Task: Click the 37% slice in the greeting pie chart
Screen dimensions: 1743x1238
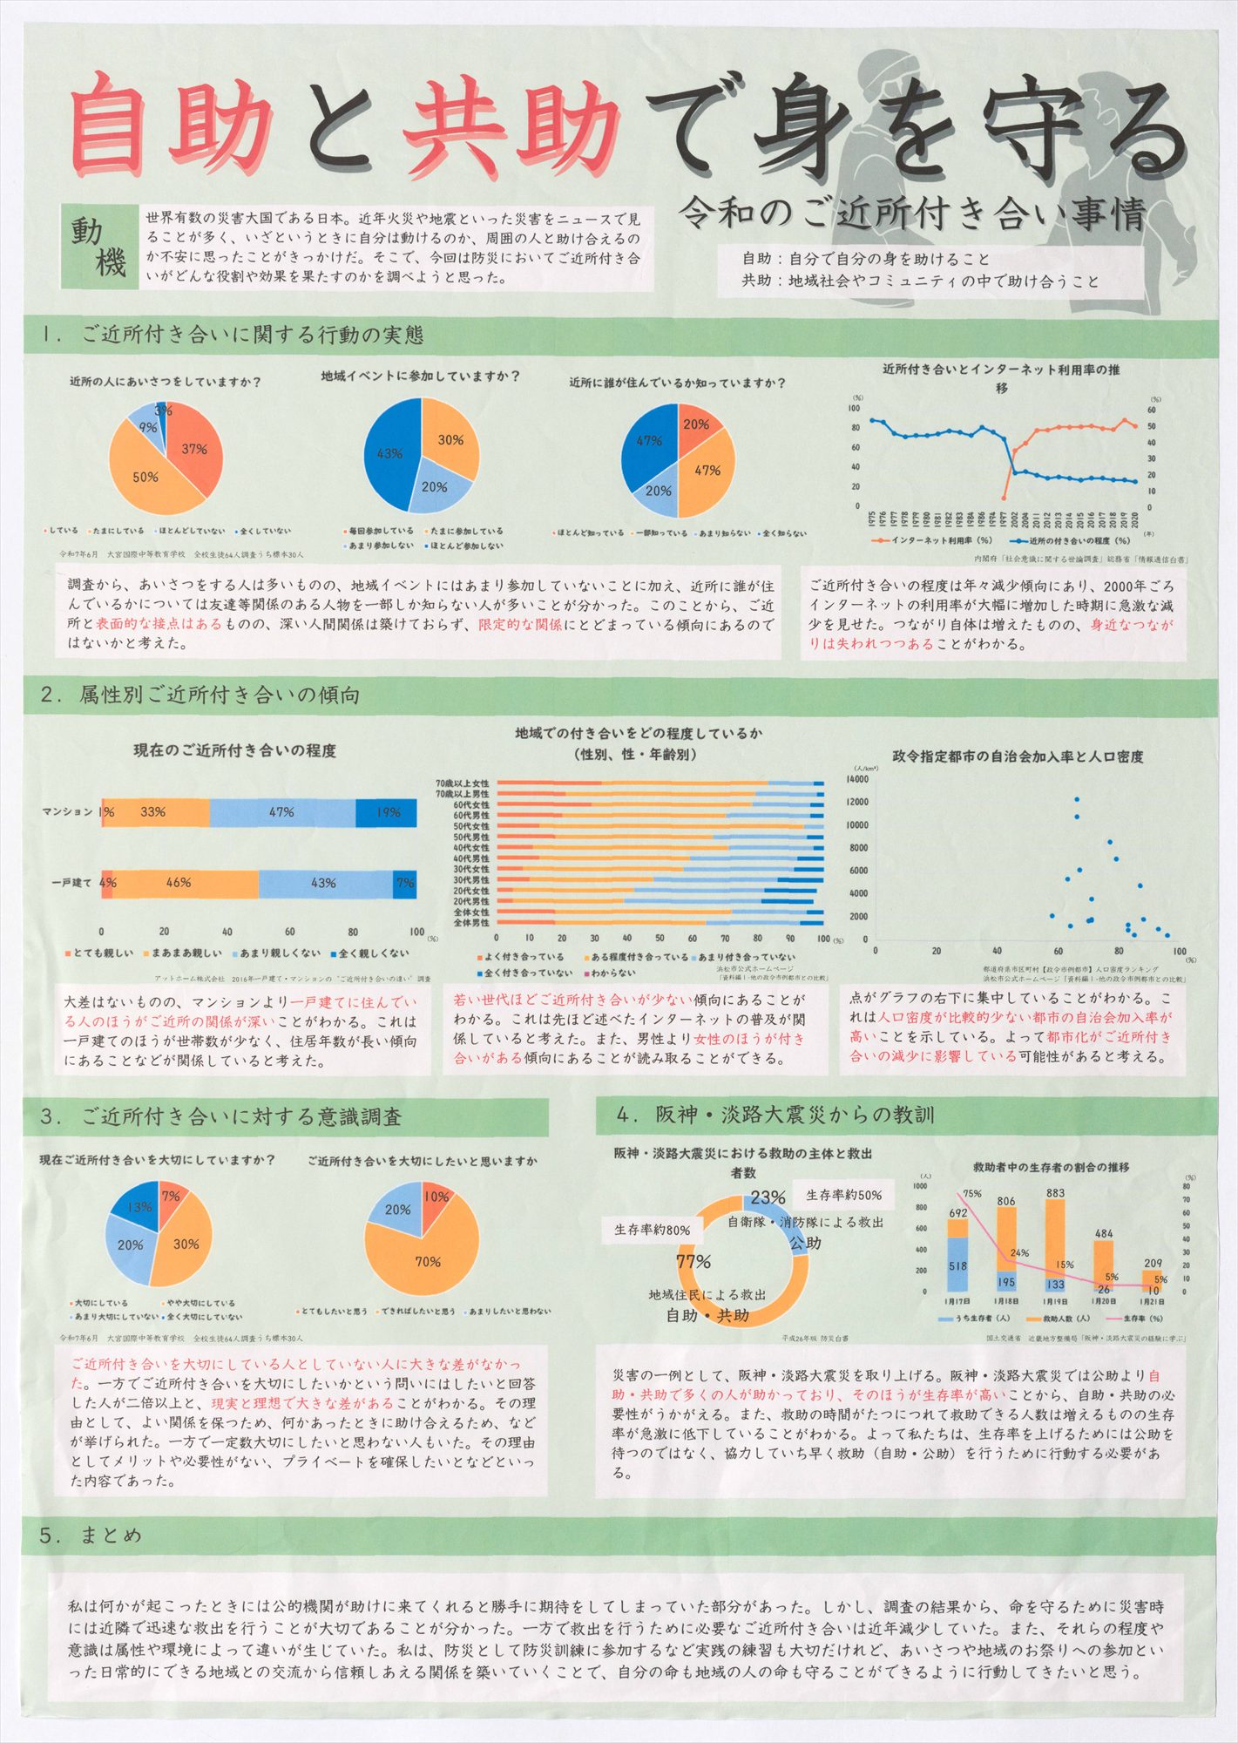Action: pos(193,450)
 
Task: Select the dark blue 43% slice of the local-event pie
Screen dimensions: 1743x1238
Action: pos(389,454)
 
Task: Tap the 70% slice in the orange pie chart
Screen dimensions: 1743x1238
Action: pos(427,1261)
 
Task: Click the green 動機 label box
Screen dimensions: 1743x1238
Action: pos(98,247)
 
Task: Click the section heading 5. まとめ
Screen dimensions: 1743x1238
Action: pos(91,1534)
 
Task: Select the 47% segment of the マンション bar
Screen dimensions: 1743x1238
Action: pos(281,812)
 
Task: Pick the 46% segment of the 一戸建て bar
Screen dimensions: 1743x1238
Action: pos(179,883)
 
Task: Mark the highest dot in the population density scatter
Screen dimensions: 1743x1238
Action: pos(1077,799)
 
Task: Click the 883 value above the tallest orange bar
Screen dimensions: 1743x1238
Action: pos(1055,1193)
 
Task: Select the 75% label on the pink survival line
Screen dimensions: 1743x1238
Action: pos(972,1194)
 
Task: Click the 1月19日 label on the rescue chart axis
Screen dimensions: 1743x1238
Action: pos(1055,1301)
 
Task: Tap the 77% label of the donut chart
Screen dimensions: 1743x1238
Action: pos(693,1261)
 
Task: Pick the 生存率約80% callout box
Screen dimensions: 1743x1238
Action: pos(653,1230)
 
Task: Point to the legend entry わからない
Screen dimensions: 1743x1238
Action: pos(612,972)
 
